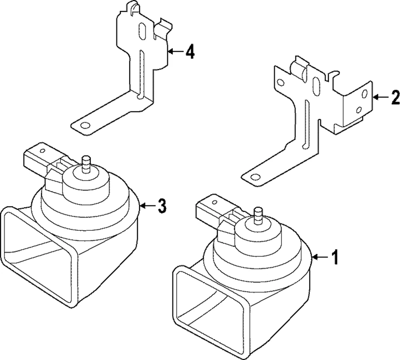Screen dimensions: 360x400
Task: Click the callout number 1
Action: [x=334, y=257]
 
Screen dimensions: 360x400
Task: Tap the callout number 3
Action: [x=162, y=205]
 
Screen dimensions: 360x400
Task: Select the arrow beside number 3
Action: [x=147, y=205]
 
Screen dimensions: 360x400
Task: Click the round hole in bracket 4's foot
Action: [x=85, y=126]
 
